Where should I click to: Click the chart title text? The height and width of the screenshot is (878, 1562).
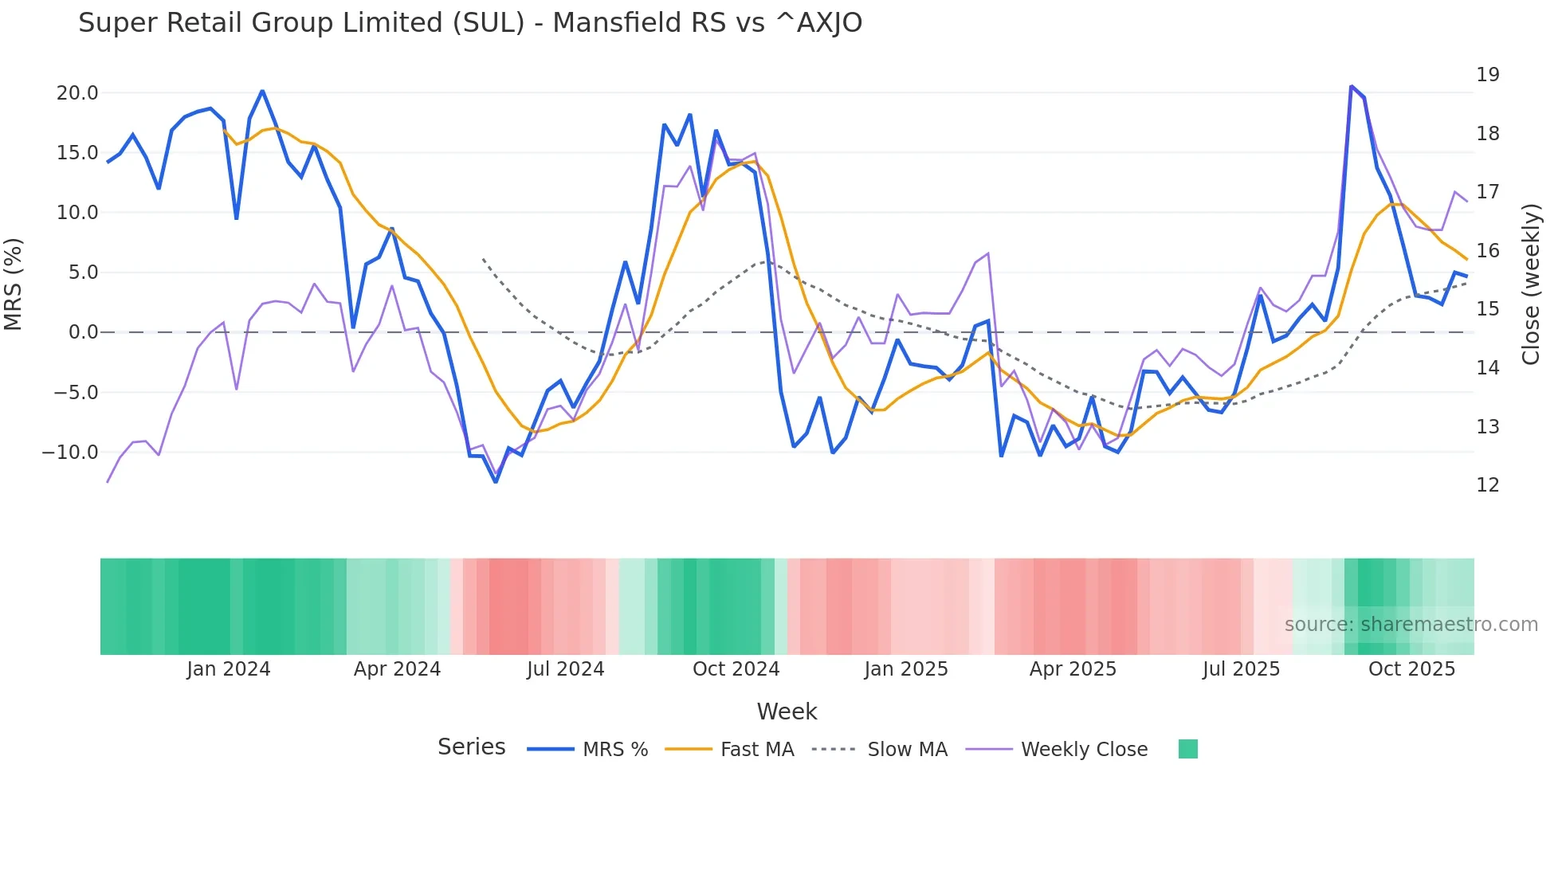[470, 23]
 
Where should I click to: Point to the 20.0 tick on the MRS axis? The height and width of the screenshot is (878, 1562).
[77, 93]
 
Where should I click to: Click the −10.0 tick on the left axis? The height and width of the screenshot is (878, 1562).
[70, 453]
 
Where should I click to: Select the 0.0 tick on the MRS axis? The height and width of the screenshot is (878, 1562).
[83, 332]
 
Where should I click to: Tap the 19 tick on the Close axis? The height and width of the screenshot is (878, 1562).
[1487, 75]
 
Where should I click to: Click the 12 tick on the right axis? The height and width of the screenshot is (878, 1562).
[1487, 485]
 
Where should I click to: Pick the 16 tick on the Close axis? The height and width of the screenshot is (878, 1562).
[1487, 251]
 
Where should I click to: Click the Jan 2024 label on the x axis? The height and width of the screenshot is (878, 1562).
[229, 669]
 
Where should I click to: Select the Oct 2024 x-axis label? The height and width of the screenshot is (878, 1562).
[736, 669]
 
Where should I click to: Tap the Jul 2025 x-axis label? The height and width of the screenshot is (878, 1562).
[1241, 669]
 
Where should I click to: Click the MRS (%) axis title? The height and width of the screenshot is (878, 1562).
[14, 284]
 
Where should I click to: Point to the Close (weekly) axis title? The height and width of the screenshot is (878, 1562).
[1531, 284]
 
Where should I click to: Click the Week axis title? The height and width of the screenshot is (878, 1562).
[787, 711]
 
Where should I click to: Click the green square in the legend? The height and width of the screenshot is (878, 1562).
[1187, 749]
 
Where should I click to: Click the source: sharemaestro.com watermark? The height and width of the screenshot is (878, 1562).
[1411, 625]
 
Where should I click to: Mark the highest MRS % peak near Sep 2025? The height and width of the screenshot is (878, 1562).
[1351, 86]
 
